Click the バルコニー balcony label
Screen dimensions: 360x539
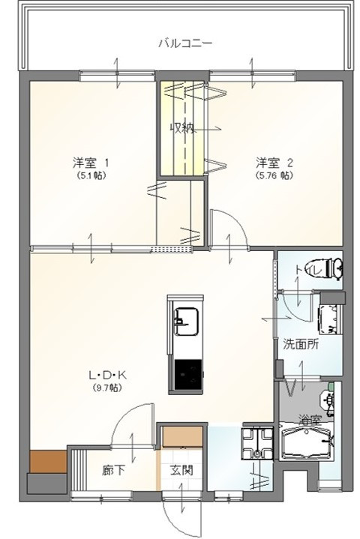(185, 43)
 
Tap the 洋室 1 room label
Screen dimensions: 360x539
(91, 162)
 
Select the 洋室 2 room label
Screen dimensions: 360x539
(274, 162)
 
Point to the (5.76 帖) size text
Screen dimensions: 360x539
(274, 175)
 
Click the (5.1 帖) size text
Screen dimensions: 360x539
(91, 175)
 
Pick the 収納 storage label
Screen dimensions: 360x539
(182, 128)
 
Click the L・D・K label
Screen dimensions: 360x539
(107, 375)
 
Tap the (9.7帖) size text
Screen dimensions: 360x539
(107, 388)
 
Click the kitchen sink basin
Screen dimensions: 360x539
(186, 322)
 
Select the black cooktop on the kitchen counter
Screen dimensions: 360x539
(188, 375)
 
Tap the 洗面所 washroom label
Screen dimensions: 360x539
(301, 344)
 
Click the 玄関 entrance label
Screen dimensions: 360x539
(181, 470)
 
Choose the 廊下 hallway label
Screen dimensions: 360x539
(113, 470)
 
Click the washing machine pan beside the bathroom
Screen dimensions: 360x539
(257, 444)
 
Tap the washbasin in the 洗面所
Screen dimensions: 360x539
(330, 319)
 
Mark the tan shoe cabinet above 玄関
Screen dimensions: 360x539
(182, 437)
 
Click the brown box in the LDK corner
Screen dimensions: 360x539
(48, 461)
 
